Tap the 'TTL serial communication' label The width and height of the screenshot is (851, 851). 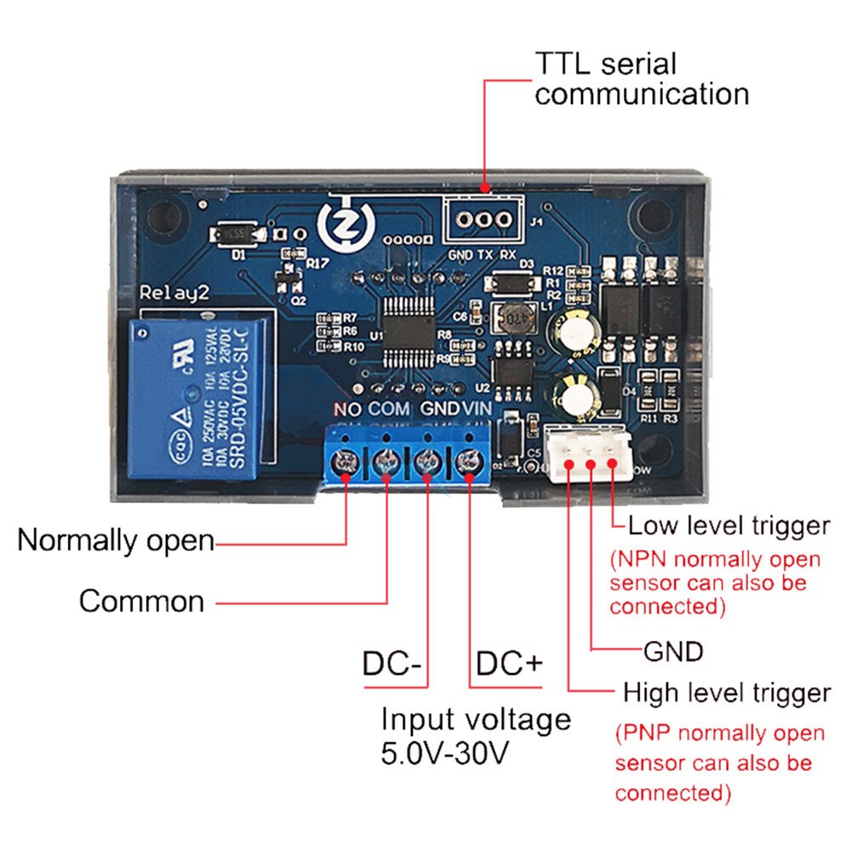(x=642, y=78)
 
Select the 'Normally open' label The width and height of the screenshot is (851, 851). (x=116, y=540)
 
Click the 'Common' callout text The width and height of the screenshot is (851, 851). (x=141, y=601)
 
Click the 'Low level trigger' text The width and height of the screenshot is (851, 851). (x=728, y=526)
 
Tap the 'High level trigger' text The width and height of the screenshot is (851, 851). (x=726, y=692)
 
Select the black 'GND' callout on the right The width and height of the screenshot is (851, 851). (x=672, y=652)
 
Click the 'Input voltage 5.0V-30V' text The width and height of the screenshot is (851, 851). (x=475, y=734)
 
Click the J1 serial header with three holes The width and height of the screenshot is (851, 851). (x=482, y=220)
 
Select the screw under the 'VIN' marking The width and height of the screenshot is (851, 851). (x=467, y=462)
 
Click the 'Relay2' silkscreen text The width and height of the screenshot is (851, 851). (x=174, y=294)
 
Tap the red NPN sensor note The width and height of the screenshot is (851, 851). (x=715, y=583)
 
